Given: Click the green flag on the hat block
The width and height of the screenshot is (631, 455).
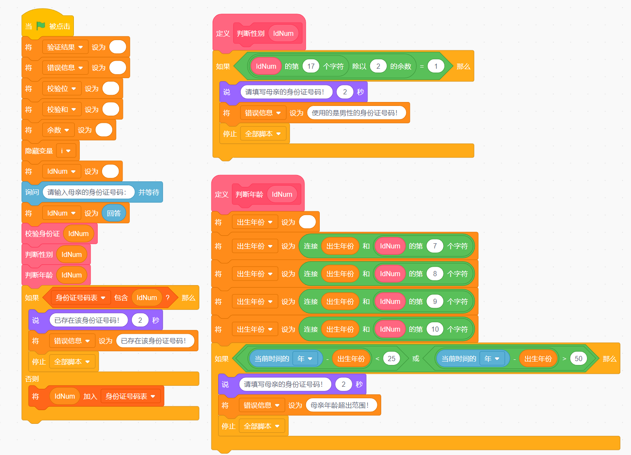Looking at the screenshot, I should tap(41, 26).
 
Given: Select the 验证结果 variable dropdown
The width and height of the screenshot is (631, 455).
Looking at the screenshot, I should tap(65, 47).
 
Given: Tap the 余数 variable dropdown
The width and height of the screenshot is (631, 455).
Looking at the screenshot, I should tap(58, 130).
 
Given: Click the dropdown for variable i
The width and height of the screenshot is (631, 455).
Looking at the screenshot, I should tap(66, 151).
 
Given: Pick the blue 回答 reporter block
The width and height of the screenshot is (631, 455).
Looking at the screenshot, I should tap(114, 213).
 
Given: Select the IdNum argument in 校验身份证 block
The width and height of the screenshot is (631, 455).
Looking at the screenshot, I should tap(79, 233).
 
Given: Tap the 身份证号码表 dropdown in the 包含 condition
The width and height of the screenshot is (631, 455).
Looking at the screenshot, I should tap(80, 297).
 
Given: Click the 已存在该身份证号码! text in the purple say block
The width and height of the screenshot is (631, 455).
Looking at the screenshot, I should tap(87, 320).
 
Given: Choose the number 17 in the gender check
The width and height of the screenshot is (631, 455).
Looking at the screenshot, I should tap(311, 66).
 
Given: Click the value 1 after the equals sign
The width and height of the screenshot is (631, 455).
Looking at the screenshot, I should tap(435, 66).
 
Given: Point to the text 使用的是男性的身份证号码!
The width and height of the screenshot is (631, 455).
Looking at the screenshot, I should tap(354, 113).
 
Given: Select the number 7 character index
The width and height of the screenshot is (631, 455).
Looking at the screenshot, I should tap(435, 246).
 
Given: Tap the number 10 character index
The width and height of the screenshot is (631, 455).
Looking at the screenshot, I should tap(435, 329).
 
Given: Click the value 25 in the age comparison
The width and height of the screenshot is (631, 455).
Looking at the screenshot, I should tap(391, 359).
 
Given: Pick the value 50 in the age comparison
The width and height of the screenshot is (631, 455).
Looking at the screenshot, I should tap(578, 359).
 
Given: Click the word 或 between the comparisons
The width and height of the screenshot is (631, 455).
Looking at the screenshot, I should tap(416, 359).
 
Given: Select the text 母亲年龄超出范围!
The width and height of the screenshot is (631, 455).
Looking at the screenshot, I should tap(339, 405).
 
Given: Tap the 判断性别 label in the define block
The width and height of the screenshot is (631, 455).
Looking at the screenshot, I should tap(251, 33).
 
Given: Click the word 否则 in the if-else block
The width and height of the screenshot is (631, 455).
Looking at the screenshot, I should tap(32, 379).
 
